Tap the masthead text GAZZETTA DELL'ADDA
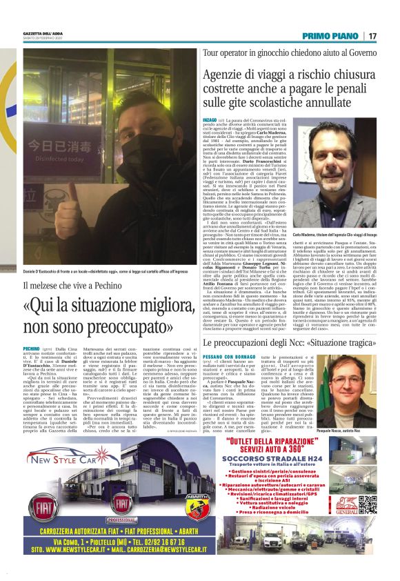(x=45, y=32)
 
